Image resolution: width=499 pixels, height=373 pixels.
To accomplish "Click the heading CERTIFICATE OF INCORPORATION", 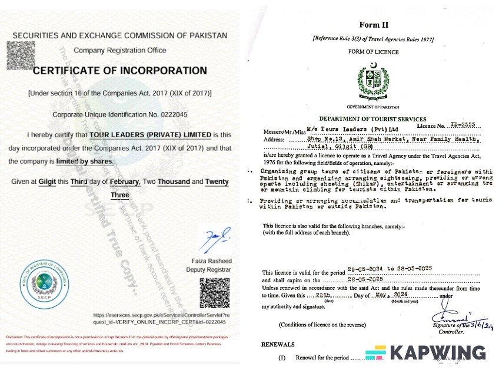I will pos(119,71).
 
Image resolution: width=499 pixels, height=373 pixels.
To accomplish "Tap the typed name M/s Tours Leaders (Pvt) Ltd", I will pos(352,128).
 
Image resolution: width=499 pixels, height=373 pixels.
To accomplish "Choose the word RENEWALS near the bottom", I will pos(278,344).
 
